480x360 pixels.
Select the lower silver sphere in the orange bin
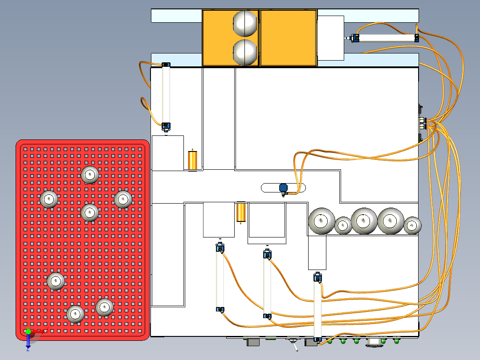tap(245, 52)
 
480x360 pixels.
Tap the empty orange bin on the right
tap(288, 38)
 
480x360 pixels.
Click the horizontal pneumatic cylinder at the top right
tap(386, 38)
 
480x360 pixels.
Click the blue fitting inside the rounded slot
tap(283, 188)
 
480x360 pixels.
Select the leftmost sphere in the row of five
tap(321, 221)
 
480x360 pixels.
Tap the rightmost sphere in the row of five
tap(412, 225)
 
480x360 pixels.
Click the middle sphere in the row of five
tap(364, 221)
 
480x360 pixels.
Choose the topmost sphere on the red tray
tap(90, 175)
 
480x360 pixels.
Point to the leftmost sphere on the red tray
tap(49, 199)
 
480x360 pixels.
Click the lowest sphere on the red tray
tap(75, 314)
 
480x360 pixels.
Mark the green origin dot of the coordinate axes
tap(28, 331)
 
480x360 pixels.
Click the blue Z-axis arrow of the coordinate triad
tap(28, 342)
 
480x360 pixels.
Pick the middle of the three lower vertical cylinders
tap(267, 285)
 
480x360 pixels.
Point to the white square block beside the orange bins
tap(331, 38)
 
